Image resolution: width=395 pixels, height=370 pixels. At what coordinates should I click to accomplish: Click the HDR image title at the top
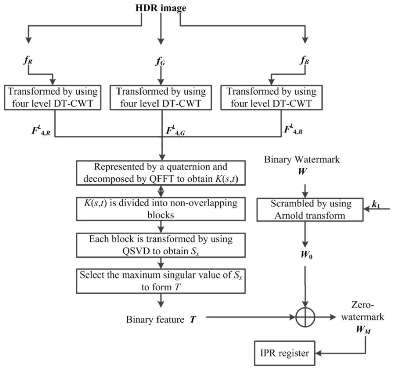tap(161, 8)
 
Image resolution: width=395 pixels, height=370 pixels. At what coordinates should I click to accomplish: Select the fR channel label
tap(28, 61)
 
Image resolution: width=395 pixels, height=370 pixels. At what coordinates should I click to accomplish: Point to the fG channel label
tap(161, 61)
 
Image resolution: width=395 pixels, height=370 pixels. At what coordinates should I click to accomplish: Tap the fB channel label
tap(304, 61)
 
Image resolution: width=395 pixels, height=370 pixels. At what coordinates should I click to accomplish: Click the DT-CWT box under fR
tap(53, 98)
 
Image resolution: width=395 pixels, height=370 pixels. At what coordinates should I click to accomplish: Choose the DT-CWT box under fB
tap(271, 98)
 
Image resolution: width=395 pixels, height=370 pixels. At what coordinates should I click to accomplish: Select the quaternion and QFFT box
tap(161, 173)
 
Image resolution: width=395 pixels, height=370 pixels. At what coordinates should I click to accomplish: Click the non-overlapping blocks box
tap(161, 209)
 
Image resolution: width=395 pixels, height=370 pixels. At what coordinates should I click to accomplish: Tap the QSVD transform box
tap(161, 245)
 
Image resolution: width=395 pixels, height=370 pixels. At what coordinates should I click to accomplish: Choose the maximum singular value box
tap(161, 281)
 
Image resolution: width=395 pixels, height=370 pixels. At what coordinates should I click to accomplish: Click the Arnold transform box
tap(310, 210)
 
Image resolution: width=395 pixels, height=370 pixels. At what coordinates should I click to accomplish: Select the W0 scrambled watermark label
tap(306, 255)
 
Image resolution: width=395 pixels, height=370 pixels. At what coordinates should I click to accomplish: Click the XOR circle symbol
tap(305, 317)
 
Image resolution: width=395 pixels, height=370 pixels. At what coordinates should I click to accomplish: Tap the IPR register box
tap(284, 353)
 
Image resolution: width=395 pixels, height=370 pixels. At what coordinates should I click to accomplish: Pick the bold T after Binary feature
tap(193, 320)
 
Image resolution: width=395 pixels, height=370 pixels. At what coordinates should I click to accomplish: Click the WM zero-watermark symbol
tap(363, 329)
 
